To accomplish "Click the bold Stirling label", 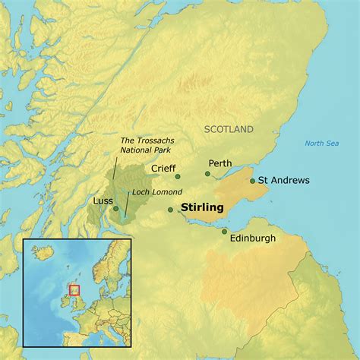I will pos(202,207).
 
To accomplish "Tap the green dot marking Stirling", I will pos(171,210).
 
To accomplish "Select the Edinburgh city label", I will pos(253,238).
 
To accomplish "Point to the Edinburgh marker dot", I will pos(225,231).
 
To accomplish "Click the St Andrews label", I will pos(284,181).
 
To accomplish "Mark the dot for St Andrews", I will pos(253,181).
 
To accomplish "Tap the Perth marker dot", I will pos(207,174).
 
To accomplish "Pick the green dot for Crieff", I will pos(178,176).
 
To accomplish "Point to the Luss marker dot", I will pos(115,208).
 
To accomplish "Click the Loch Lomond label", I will pos(151,191).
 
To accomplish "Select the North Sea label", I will pos(321,144).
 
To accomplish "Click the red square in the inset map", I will pos(74,290).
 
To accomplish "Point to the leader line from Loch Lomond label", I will pos(127,205).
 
